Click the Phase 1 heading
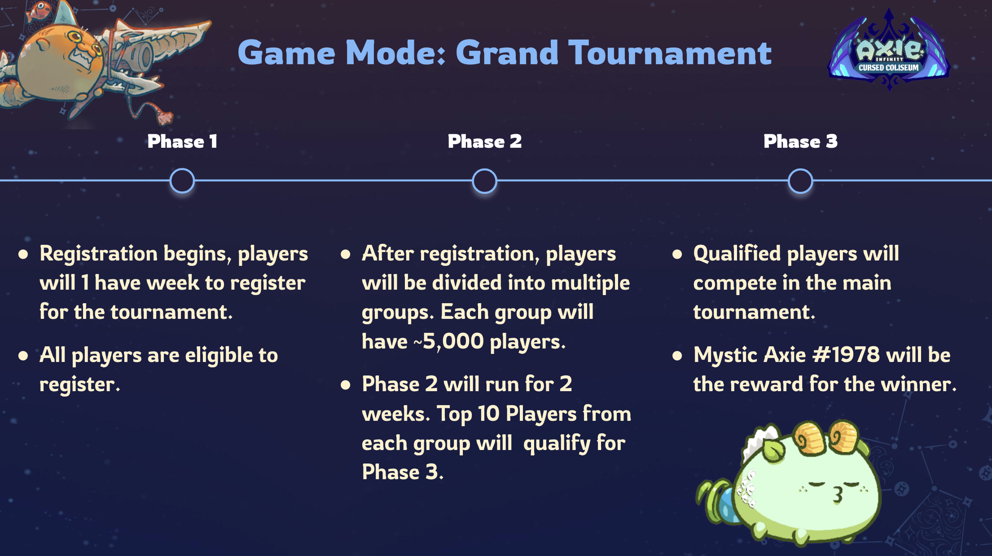(x=182, y=141)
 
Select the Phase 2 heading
(x=485, y=141)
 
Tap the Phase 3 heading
(x=800, y=141)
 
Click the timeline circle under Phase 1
(x=182, y=181)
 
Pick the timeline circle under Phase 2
(x=485, y=181)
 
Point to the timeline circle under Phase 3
(x=800, y=181)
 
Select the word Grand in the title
(x=507, y=53)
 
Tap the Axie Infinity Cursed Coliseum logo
(x=888, y=52)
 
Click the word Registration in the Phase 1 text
(x=98, y=254)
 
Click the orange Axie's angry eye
(x=76, y=38)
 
